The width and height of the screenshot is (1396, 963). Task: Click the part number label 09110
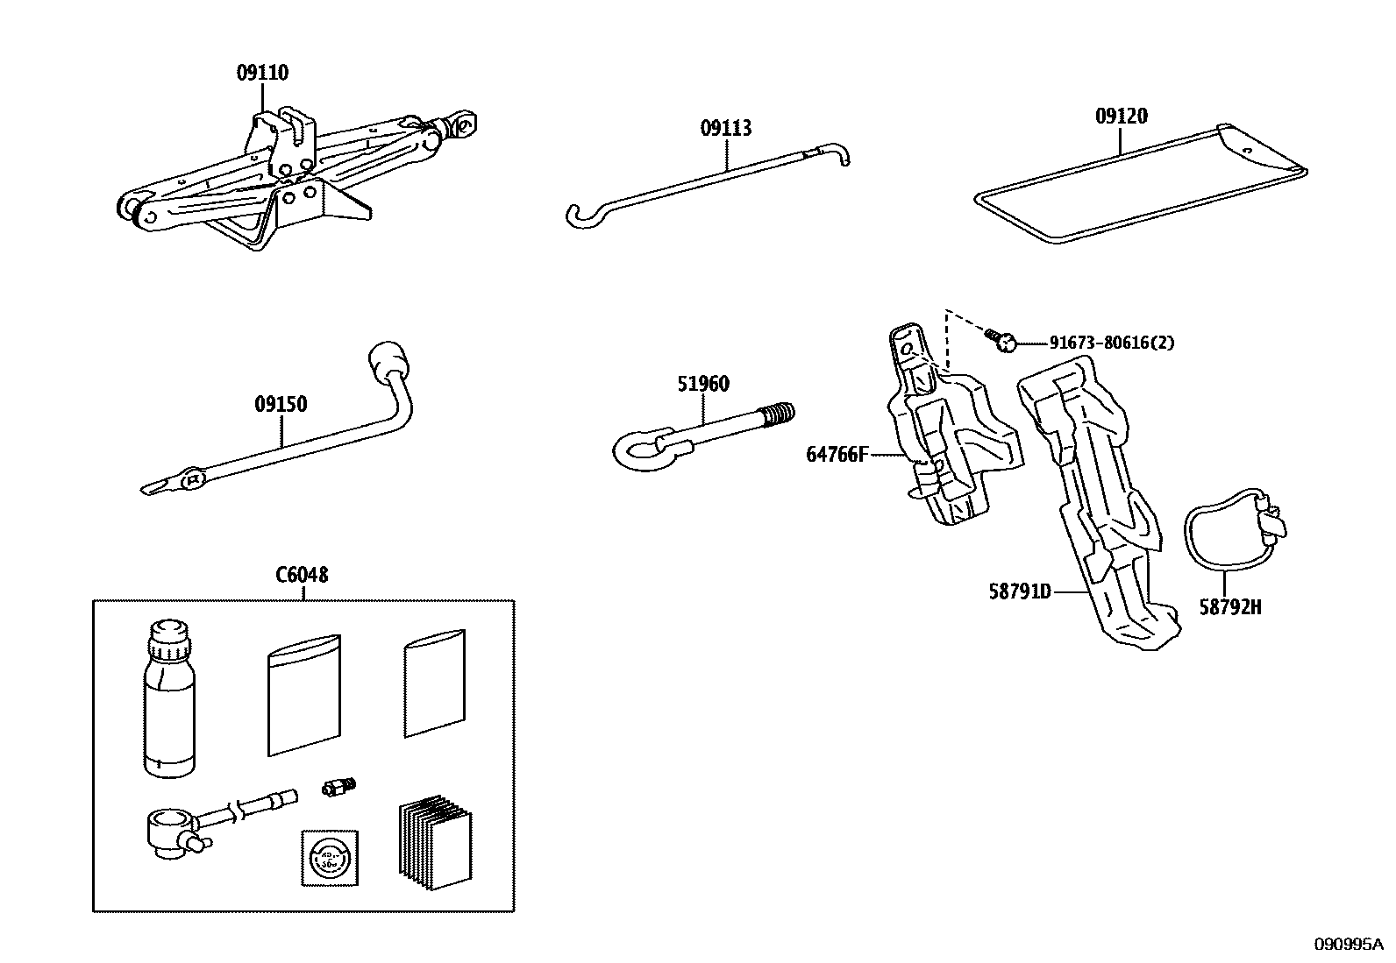(262, 73)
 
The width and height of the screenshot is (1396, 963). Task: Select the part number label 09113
(726, 128)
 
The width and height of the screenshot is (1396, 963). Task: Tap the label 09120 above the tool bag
(1121, 117)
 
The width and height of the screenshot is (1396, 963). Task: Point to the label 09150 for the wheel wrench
(281, 405)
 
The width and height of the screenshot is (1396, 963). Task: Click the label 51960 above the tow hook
(703, 384)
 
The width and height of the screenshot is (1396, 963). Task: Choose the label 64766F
(837, 455)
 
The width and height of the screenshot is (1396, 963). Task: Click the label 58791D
(1020, 591)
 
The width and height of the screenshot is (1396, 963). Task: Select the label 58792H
(1230, 606)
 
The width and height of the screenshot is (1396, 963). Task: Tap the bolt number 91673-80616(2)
(1112, 343)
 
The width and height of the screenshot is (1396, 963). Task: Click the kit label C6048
(302, 575)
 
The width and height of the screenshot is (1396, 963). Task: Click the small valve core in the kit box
(338, 787)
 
